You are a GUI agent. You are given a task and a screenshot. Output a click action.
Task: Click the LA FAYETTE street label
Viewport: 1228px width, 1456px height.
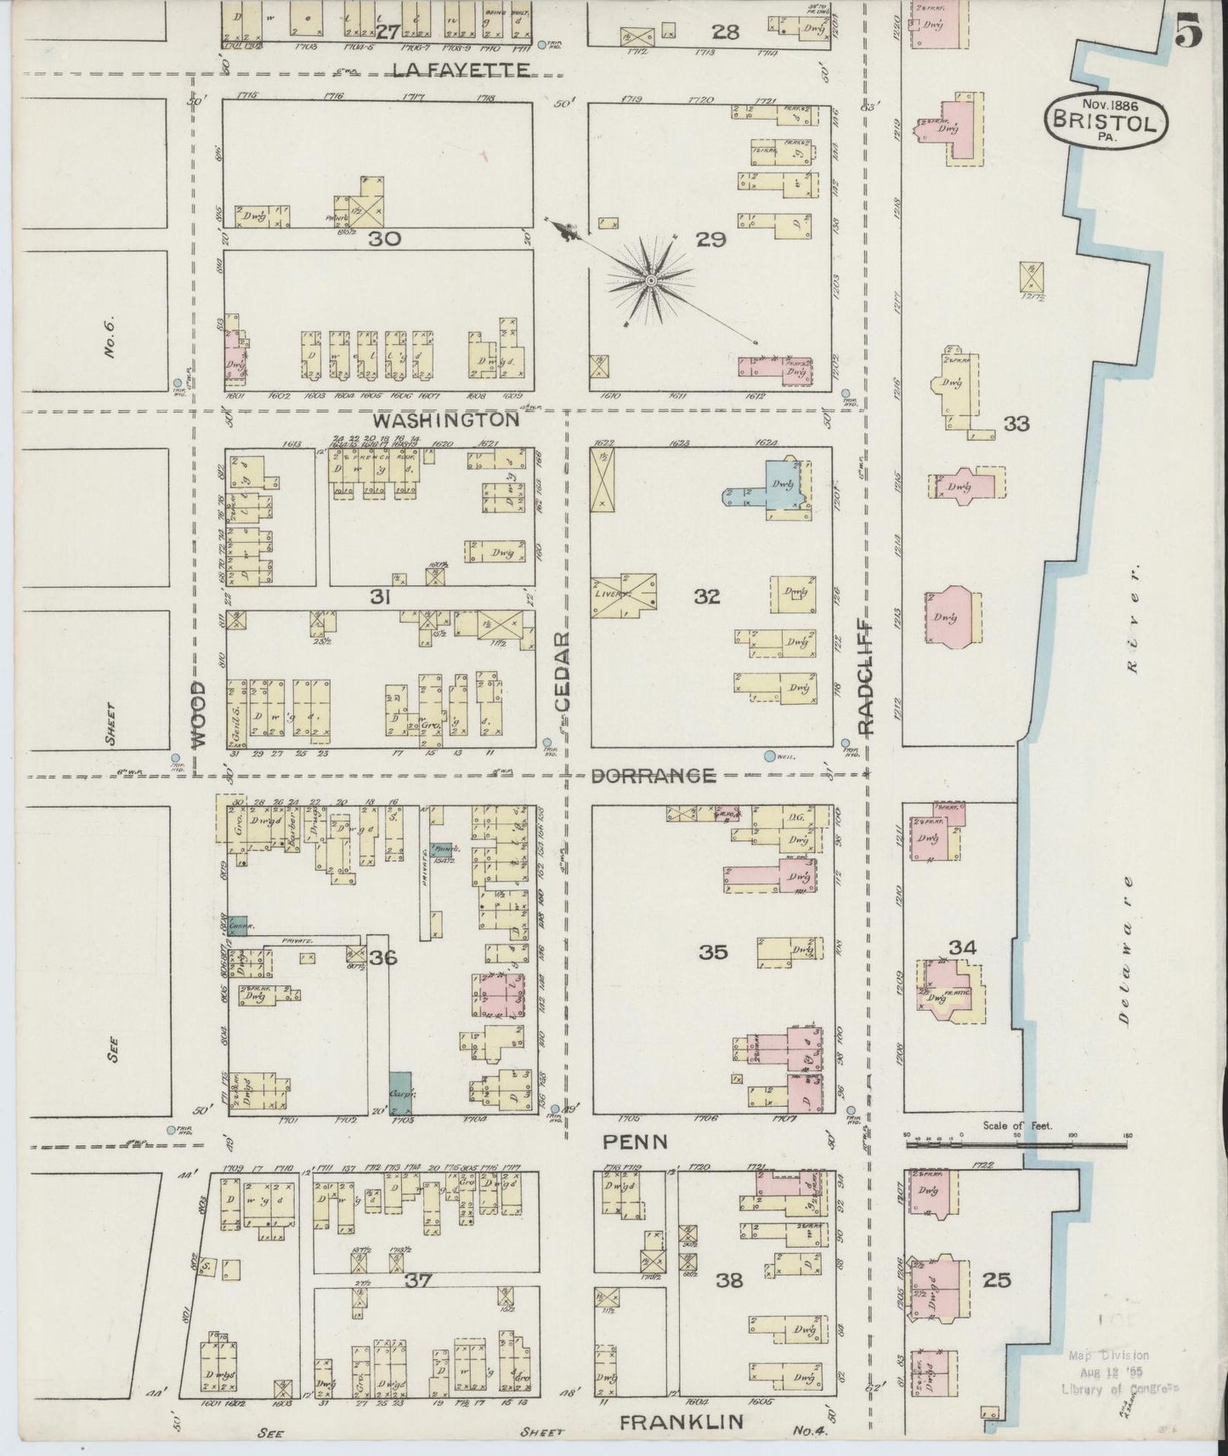pos(462,71)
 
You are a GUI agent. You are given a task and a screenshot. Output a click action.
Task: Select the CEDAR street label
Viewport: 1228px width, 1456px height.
pos(563,671)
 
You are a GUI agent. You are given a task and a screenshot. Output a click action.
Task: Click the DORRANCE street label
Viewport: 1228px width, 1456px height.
pos(653,775)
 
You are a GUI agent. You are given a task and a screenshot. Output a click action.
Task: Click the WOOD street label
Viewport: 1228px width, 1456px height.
pos(198,714)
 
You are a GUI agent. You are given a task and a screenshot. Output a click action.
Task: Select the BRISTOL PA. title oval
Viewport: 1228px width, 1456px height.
pos(1106,120)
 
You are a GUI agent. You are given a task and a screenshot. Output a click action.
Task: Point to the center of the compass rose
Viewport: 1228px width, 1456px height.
pos(650,279)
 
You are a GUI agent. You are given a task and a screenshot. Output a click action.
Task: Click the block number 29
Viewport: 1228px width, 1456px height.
pos(710,240)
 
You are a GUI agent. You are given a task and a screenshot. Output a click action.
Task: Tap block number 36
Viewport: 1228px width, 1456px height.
pos(383,958)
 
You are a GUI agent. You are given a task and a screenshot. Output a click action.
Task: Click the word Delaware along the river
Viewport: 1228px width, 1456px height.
pos(1126,949)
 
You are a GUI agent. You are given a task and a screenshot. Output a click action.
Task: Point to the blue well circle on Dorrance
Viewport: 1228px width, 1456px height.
pos(770,755)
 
